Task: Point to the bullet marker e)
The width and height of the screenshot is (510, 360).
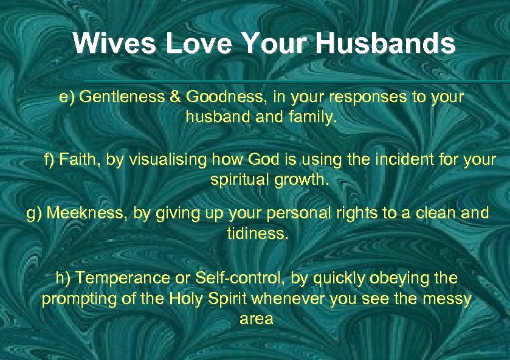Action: tap(67, 97)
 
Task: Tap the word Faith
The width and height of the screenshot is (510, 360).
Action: tap(80, 161)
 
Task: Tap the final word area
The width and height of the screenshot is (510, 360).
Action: tap(256, 319)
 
